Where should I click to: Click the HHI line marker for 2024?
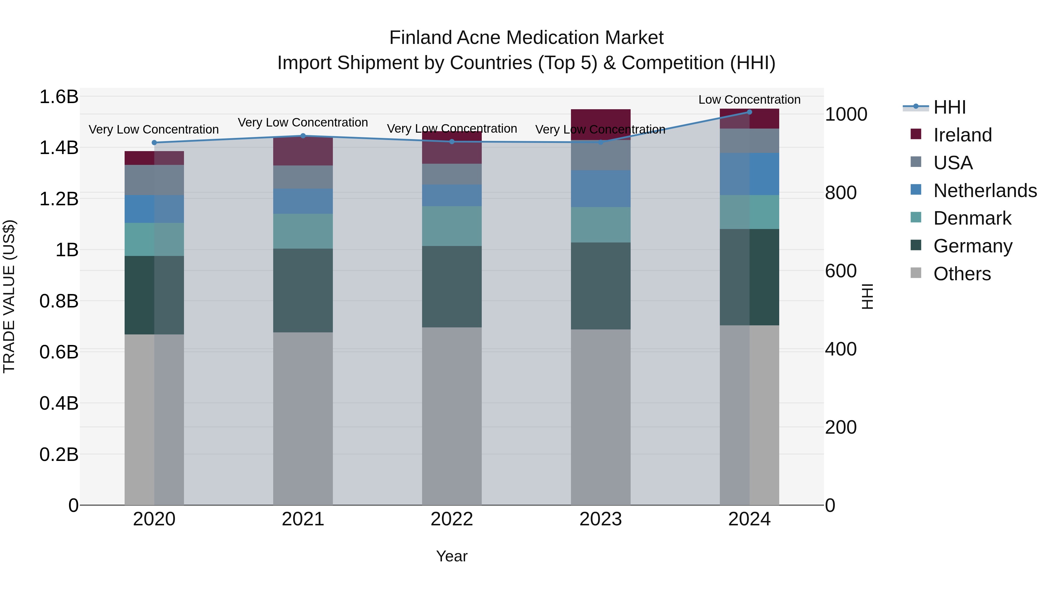[x=749, y=112]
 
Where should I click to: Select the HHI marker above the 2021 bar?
[x=303, y=136]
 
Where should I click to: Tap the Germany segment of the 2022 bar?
[x=452, y=286]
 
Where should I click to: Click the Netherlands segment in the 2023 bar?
[x=601, y=189]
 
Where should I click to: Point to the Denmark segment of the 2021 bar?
[x=303, y=231]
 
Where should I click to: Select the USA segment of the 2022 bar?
[x=452, y=174]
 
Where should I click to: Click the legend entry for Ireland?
[x=962, y=135]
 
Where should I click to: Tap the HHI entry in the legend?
[x=949, y=107]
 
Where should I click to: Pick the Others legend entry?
[x=962, y=274]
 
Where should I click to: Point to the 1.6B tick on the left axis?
[x=59, y=97]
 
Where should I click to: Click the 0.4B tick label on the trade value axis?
[x=59, y=403]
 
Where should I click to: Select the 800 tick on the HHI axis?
[x=840, y=193]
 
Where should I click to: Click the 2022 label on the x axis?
[x=452, y=519]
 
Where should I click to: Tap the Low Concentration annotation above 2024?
[x=749, y=100]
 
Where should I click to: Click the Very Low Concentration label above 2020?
[x=154, y=129]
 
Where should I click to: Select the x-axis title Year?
[x=452, y=556]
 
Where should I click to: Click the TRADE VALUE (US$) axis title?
[x=9, y=296]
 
